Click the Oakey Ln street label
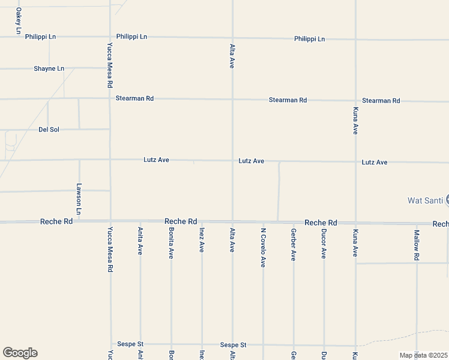tap(18, 21)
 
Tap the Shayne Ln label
tap(49, 68)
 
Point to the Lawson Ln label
tap(79, 199)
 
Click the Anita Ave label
tap(140, 241)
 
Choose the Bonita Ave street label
tap(171, 243)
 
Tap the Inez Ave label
tap(202, 239)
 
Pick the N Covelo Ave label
tap(263, 247)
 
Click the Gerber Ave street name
tap(294, 244)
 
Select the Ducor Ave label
tap(324, 243)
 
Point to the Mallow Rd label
tap(417, 244)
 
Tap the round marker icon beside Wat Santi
tap(447, 200)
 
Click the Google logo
tap(20, 353)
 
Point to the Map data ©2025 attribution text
tap(424, 355)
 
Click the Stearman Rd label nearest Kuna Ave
tap(381, 100)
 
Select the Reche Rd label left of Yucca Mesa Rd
tap(56, 221)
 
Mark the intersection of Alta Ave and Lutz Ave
tap(232, 161)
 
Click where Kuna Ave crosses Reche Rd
tap(355, 223)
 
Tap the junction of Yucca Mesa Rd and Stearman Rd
tap(110, 98)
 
